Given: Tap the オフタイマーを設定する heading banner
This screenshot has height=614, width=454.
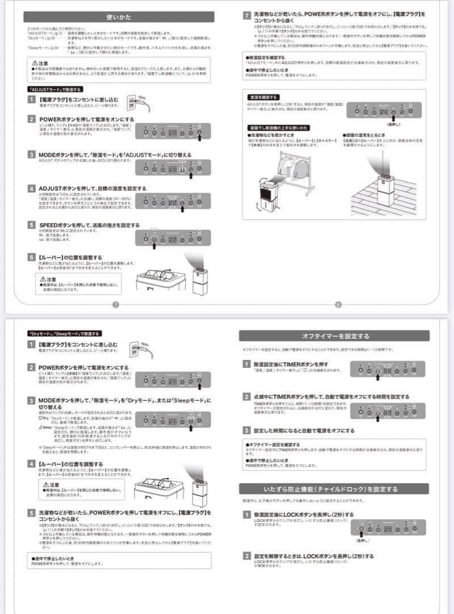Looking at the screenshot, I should pyautogui.click(x=334, y=336).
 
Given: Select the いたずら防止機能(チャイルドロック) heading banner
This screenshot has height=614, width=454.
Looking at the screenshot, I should pyautogui.click(x=334, y=489).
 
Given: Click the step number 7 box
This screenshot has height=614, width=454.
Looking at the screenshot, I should pyautogui.click(x=247, y=16).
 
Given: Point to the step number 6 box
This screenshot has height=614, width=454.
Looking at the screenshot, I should pyautogui.click(x=32, y=258).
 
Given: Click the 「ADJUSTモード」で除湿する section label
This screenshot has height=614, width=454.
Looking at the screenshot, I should pyautogui.click(x=55, y=89).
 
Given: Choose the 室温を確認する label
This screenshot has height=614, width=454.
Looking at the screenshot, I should pyautogui.click(x=262, y=98).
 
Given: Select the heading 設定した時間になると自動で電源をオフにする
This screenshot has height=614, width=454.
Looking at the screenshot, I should pyautogui.click(x=304, y=430).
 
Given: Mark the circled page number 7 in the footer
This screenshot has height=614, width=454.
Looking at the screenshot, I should pyautogui.click(x=115, y=304).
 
